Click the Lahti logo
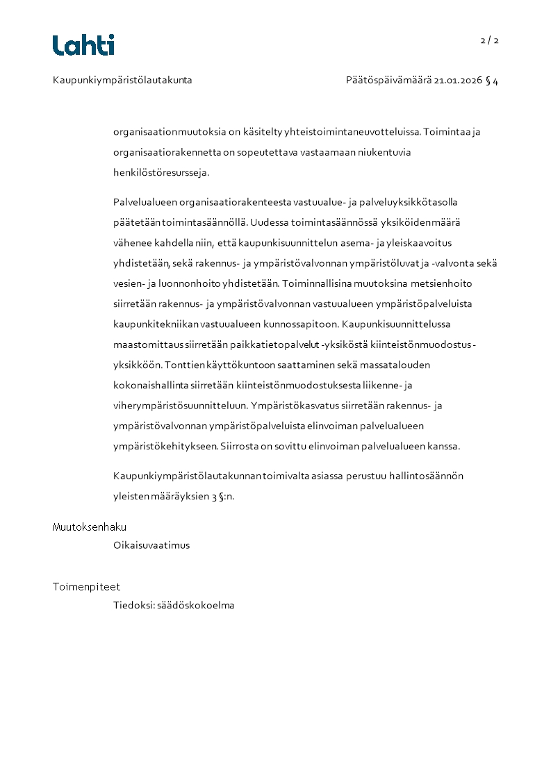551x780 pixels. (83, 45)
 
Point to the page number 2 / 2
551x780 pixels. (489, 40)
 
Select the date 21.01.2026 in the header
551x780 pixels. (458, 81)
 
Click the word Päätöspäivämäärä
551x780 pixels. (388, 81)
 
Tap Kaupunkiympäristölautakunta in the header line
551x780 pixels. (122, 81)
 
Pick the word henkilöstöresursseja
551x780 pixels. (161, 172)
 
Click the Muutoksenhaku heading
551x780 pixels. (90, 527)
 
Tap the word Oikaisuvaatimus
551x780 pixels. (151, 545)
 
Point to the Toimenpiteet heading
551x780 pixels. (86, 587)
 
